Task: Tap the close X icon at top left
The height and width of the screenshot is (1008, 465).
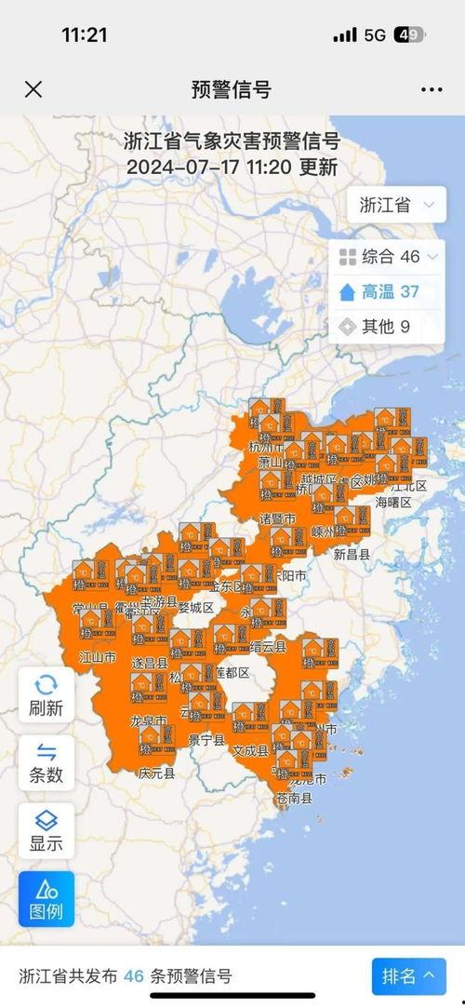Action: point(33,89)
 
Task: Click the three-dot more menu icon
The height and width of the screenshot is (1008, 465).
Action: point(432,89)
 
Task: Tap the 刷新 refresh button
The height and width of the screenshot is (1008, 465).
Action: point(46,694)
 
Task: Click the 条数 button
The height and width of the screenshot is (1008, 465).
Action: point(46,761)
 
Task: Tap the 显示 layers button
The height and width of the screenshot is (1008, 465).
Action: point(46,830)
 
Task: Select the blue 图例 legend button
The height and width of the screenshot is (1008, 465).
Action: point(46,899)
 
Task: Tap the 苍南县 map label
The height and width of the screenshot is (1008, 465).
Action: point(294,799)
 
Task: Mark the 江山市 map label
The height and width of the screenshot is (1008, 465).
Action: point(97,657)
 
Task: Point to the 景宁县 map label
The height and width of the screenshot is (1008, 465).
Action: point(206,741)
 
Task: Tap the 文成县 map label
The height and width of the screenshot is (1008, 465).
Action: point(250,749)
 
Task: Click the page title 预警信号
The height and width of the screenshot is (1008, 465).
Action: point(232,89)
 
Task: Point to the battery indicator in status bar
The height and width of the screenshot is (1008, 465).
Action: point(409,35)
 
